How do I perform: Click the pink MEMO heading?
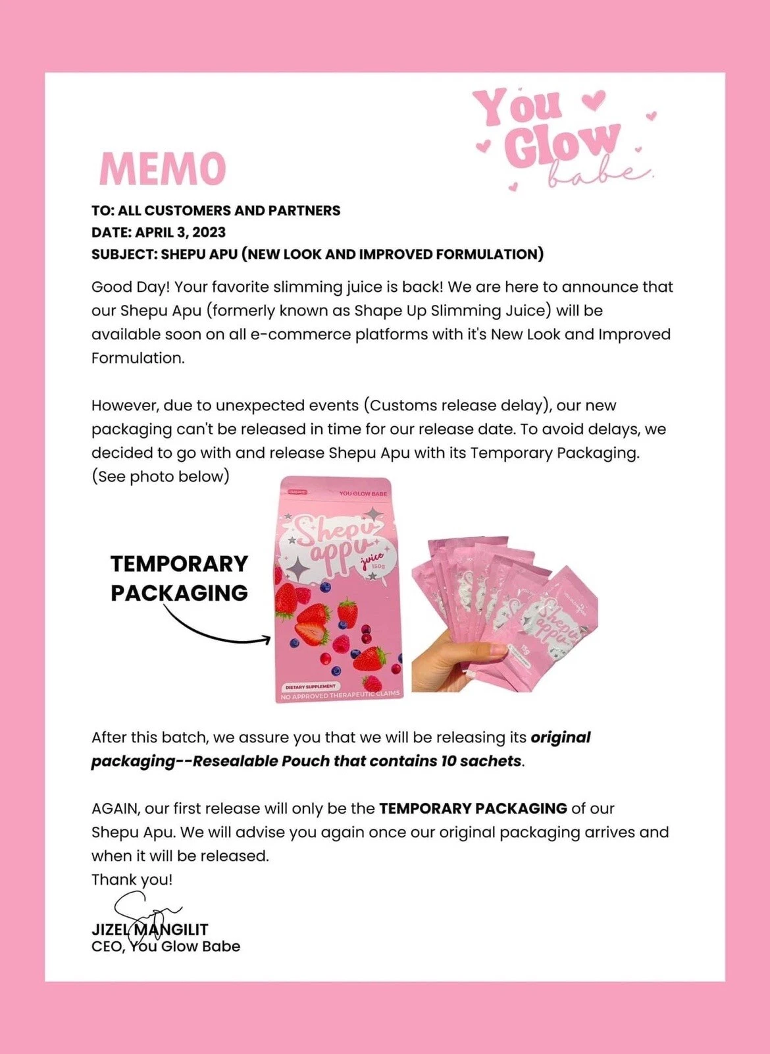(162, 169)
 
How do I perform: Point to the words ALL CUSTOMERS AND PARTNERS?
(229, 210)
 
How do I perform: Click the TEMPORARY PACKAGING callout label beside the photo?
(179, 578)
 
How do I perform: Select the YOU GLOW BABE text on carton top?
(363, 493)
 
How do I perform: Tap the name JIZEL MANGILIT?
(150, 929)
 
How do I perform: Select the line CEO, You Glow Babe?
(166, 947)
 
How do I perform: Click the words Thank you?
(132, 879)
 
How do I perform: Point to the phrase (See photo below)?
(161, 476)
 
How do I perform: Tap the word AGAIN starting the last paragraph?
(115, 808)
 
